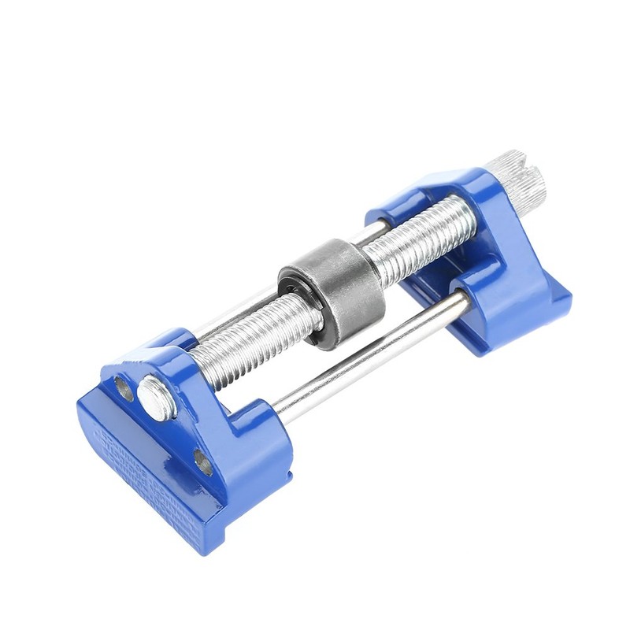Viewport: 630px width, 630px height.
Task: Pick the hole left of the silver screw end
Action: tap(123, 385)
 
